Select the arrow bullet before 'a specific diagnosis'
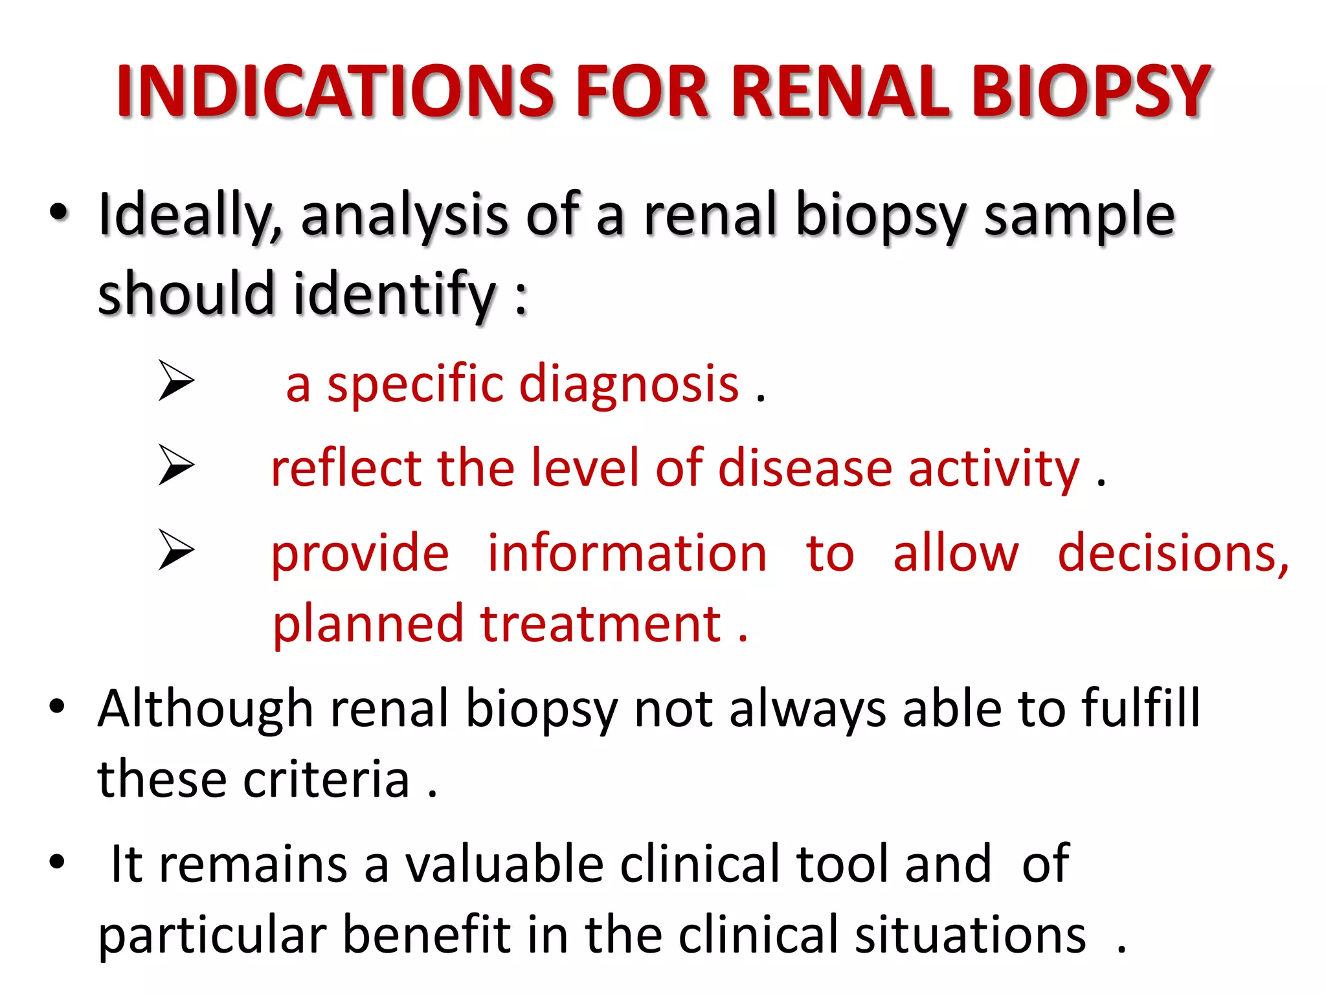176,381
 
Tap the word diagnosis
629,384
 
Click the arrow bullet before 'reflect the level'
176,465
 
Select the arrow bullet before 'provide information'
176,549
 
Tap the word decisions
1173,554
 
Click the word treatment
600,624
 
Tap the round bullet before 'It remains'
57,861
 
